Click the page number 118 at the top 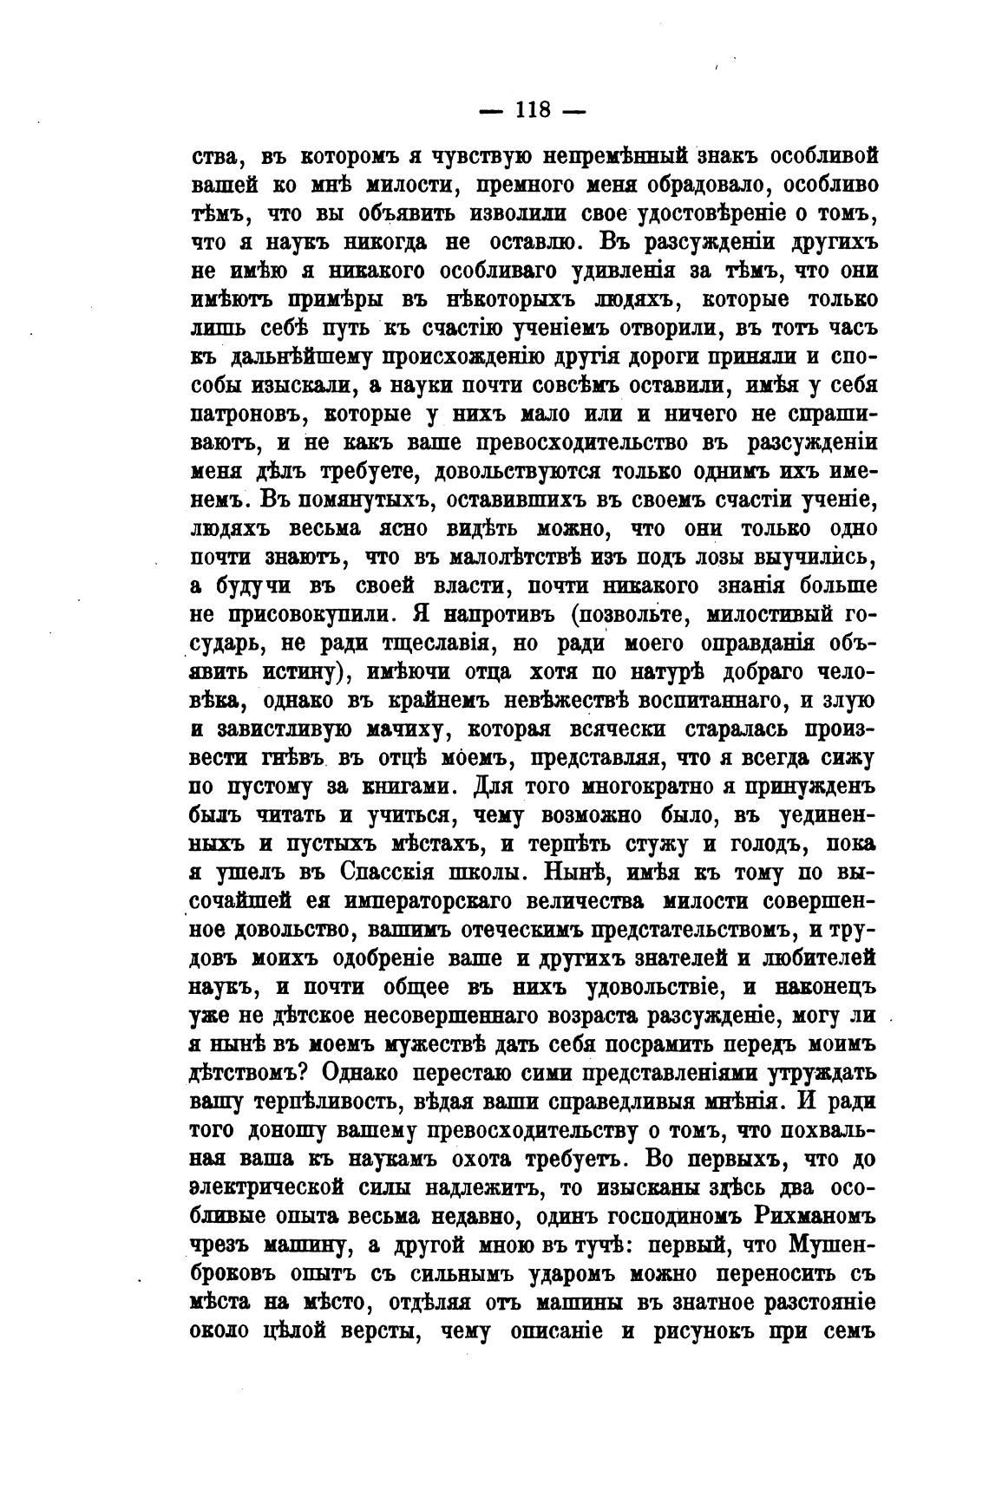533,110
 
